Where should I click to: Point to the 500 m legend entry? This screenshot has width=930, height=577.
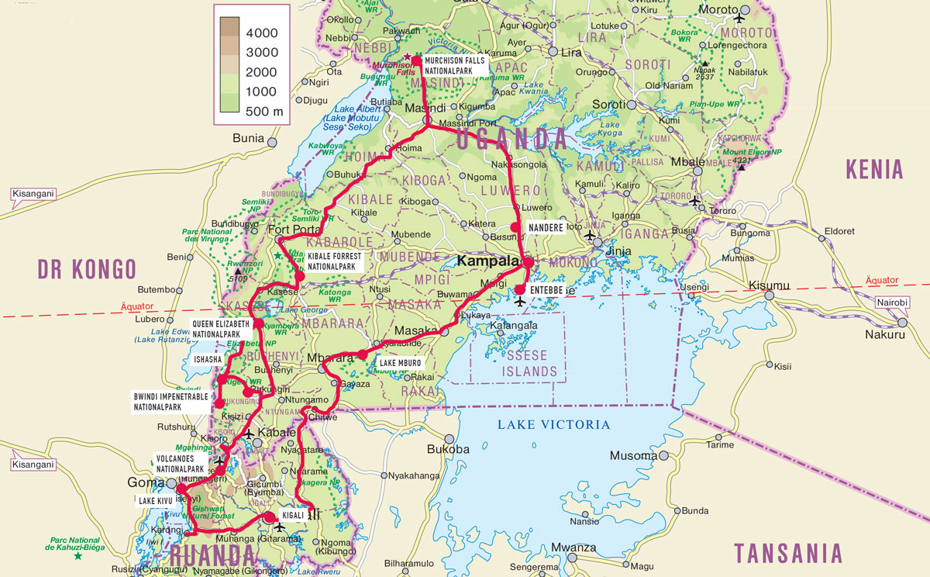point(263,111)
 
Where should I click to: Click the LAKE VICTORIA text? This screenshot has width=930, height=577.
point(553,424)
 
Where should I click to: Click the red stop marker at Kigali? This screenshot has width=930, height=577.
point(269,518)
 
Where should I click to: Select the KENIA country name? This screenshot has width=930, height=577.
point(874,168)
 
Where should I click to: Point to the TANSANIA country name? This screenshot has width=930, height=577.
point(787,553)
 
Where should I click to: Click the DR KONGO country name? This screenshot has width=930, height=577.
point(87,269)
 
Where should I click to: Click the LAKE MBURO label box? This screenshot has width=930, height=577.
point(401,362)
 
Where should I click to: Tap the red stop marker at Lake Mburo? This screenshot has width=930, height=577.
point(362,354)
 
